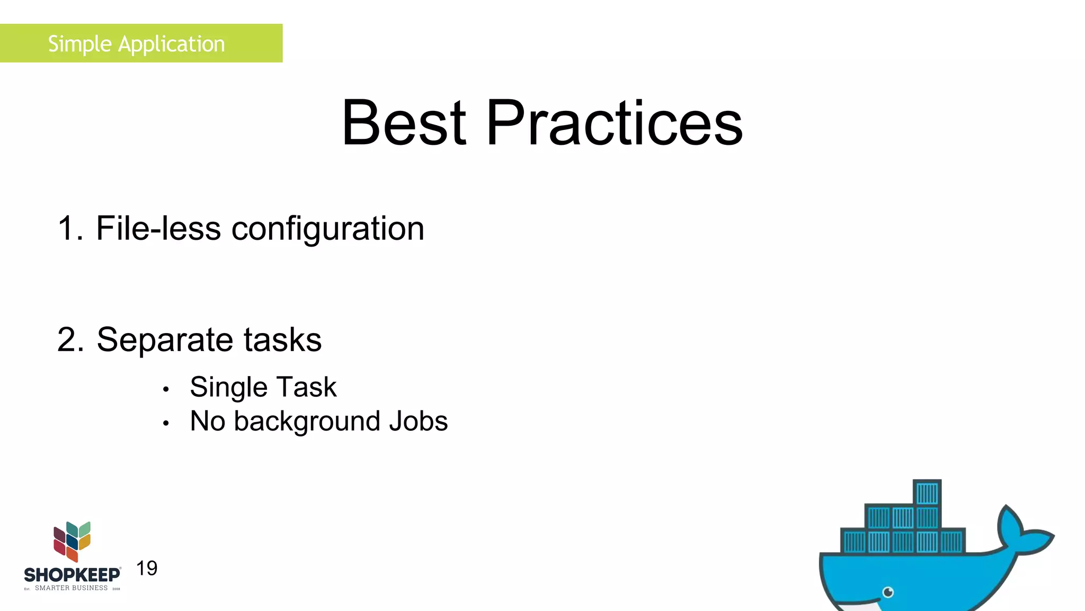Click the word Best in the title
tap(404, 123)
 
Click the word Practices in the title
tap(615, 123)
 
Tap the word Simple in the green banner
tap(79, 44)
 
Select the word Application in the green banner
tap(172, 44)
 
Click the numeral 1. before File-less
tap(69, 229)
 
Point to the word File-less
tap(158, 229)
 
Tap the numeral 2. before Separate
tap(70, 340)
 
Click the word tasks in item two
tap(282, 340)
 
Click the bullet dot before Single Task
tap(166, 390)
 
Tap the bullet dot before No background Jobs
tap(166, 423)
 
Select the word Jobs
tap(419, 421)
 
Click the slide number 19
tap(147, 569)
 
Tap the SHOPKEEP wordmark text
tap(72, 575)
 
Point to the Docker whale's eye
tap(888, 592)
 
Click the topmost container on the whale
tap(927, 493)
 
